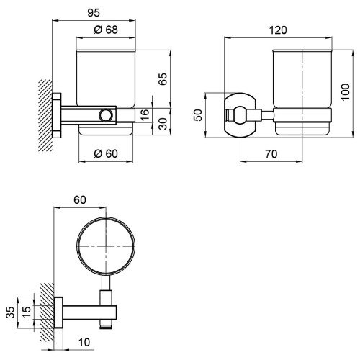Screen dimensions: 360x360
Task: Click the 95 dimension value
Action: tap(94, 13)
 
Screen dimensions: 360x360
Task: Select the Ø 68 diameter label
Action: tap(106, 30)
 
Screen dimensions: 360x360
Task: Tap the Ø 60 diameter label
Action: tap(106, 153)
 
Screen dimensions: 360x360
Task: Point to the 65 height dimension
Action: tap(163, 79)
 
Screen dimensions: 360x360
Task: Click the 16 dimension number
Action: tap(145, 114)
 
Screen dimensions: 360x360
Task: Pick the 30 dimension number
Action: tap(163, 124)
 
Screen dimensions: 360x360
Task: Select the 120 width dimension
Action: tap(278, 30)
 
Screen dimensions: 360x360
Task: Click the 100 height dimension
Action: tap(346, 92)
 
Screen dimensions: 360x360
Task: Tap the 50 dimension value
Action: tap(199, 115)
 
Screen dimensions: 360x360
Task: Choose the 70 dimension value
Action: tap(271, 154)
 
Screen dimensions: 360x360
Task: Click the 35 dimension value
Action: tap(10, 312)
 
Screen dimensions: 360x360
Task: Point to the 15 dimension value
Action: tap(27, 312)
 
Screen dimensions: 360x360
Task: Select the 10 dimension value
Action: tap(84, 343)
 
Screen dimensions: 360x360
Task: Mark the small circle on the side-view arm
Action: tap(106, 115)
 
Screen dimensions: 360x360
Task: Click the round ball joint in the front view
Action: tap(240, 115)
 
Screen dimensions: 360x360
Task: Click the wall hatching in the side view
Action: tap(45, 115)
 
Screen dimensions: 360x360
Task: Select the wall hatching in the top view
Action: tap(47, 312)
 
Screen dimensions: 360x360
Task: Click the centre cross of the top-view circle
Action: tap(106, 246)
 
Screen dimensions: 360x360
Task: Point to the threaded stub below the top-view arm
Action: tap(106, 324)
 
